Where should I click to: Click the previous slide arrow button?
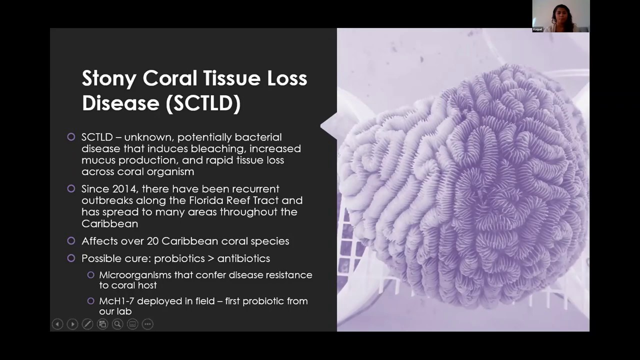coord(57,324)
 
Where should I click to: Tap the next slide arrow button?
coord(72,324)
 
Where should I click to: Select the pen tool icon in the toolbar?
coord(87,324)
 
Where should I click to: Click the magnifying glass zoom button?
coord(117,324)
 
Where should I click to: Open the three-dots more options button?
coord(147,324)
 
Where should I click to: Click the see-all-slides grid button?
coord(102,324)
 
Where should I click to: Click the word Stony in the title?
coord(109,78)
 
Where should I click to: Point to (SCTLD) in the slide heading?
coord(203,103)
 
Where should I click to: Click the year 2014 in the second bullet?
coord(124,189)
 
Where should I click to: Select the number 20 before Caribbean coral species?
coord(152,241)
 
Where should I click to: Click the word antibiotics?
coord(243,258)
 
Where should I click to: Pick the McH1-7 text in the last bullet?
coord(116,301)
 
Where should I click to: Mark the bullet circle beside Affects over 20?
coord(71,241)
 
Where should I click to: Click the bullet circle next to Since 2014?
coord(71,189)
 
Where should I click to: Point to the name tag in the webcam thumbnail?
coord(538,29)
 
